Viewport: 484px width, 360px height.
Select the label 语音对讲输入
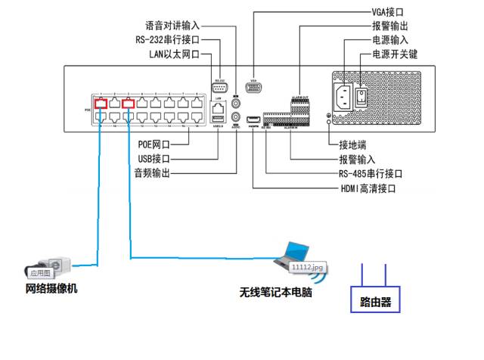172,26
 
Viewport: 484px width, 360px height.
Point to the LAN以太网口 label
175,54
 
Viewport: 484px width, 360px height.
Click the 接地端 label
352,145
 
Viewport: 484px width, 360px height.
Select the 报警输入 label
356,160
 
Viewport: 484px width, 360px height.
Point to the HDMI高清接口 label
368,188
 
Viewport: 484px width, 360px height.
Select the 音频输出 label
151,173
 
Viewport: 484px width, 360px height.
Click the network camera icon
48,265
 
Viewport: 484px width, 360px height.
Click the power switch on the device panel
361,96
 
